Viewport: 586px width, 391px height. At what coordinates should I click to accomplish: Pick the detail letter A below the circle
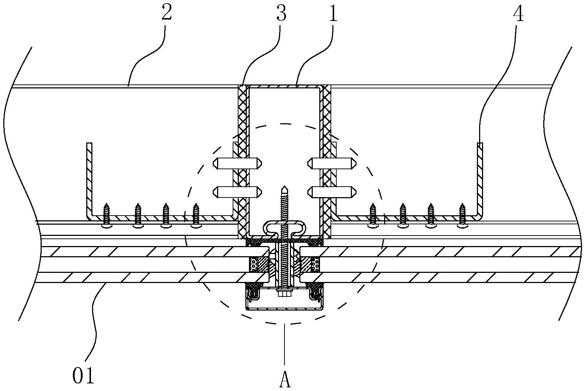click(x=285, y=380)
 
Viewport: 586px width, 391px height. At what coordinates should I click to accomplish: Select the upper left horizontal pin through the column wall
click(x=237, y=163)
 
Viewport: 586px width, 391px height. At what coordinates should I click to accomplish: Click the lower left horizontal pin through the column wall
click(x=237, y=192)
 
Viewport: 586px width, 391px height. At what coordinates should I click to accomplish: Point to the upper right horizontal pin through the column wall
click(x=332, y=163)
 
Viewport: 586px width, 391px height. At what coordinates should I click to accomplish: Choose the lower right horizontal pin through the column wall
click(x=332, y=192)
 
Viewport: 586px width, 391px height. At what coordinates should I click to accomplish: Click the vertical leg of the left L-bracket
click(x=90, y=179)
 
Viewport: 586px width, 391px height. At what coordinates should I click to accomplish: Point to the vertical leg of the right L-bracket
click(x=480, y=179)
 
